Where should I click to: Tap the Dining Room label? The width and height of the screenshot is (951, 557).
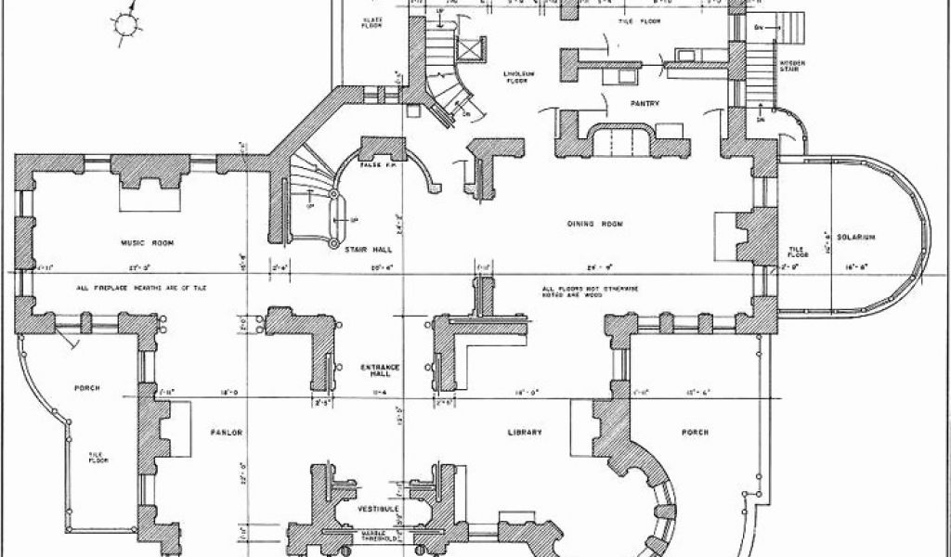pos(594,225)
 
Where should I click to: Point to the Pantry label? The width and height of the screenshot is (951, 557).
pos(645,104)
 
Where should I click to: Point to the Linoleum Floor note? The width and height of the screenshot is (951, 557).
pos(516,77)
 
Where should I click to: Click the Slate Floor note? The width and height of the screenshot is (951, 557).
pos(371,21)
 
